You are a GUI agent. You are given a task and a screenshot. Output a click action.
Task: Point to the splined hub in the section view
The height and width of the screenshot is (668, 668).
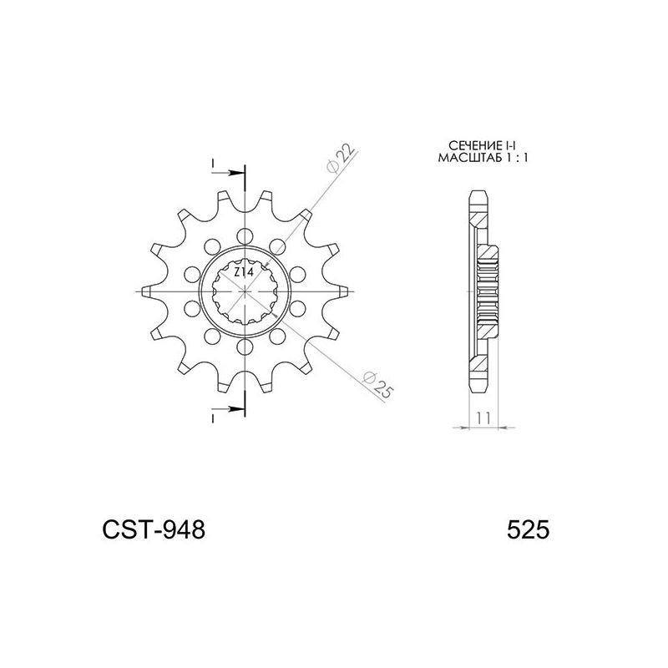[489, 289]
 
